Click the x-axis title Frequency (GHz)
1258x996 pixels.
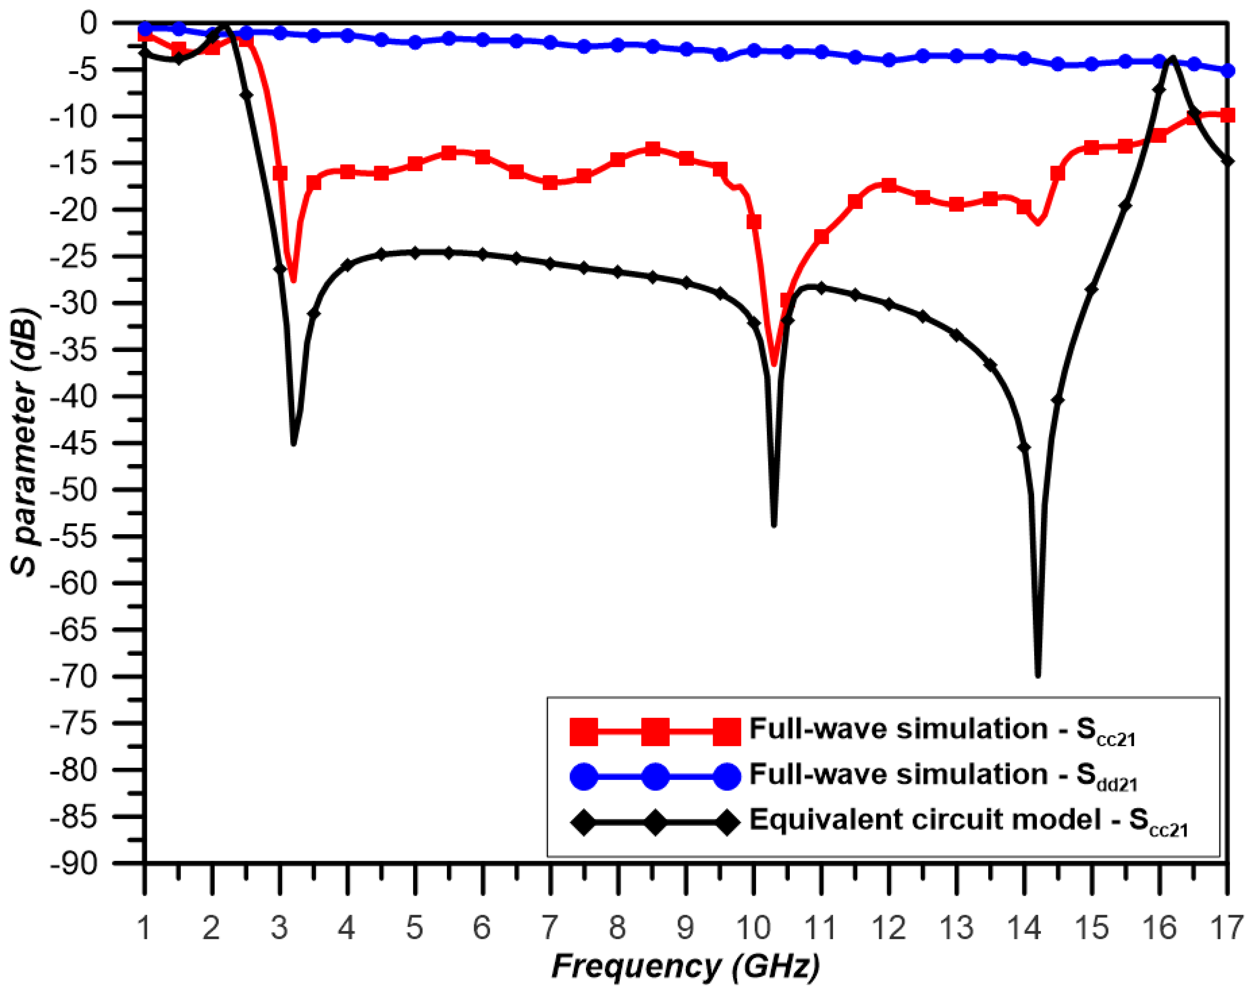686,966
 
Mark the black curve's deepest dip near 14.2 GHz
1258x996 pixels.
1037,675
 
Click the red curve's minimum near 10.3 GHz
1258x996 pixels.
773,364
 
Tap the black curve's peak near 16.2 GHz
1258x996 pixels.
1172,58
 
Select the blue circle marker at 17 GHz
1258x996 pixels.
1228,71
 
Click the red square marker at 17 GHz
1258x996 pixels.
1228,115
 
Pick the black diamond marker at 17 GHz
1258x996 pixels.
1228,161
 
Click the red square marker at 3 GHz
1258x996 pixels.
280,173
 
